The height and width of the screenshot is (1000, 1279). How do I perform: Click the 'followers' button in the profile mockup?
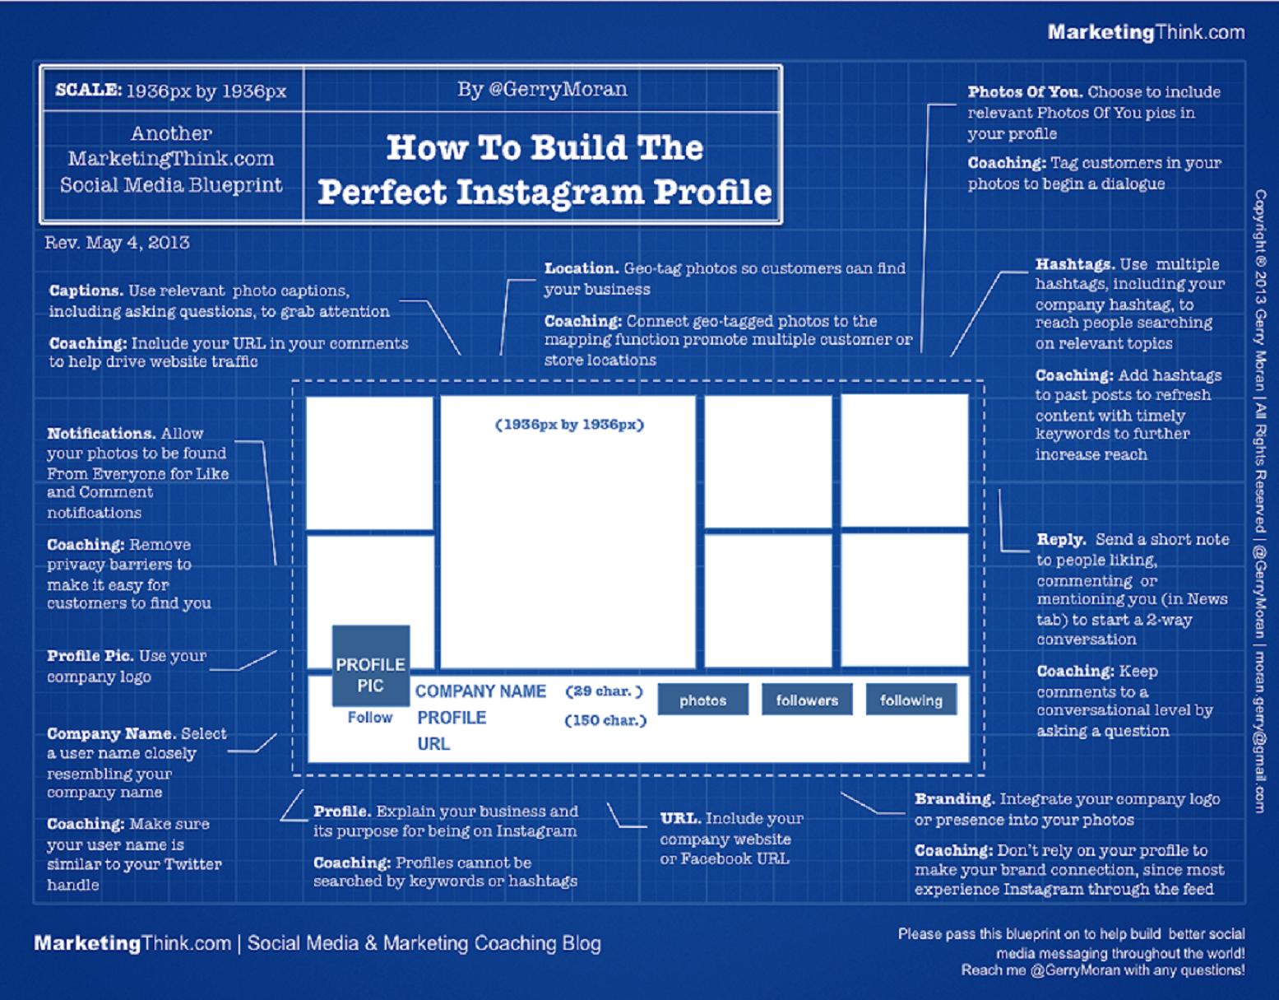pos(807,700)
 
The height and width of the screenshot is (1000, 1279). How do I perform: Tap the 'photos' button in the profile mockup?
pos(702,700)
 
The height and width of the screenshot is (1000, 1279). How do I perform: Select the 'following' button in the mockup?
pos(911,700)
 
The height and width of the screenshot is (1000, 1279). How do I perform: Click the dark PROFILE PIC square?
pos(371,666)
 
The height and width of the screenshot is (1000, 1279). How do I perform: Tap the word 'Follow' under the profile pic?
pos(369,718)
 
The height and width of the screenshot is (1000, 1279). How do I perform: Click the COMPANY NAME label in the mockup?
pos(480,691)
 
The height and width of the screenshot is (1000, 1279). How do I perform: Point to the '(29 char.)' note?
pos(604,691)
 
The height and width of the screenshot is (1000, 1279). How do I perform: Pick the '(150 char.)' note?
pos(605,720)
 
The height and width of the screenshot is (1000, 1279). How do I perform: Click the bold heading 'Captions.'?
pos(86,291)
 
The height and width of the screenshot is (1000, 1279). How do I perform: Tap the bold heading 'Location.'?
pos(582,268)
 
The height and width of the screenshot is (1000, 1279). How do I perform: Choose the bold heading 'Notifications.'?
pos(101,434)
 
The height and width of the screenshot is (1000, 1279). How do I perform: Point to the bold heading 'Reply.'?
pos(1061,540)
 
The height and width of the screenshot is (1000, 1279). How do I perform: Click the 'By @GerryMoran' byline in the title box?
pos(542,89)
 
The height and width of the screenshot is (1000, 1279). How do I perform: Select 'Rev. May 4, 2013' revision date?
pos(117,243)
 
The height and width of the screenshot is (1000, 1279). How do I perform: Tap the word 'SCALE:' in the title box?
pos(88,90)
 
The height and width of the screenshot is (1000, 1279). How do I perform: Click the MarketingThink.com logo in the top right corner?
pos(1146,32)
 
